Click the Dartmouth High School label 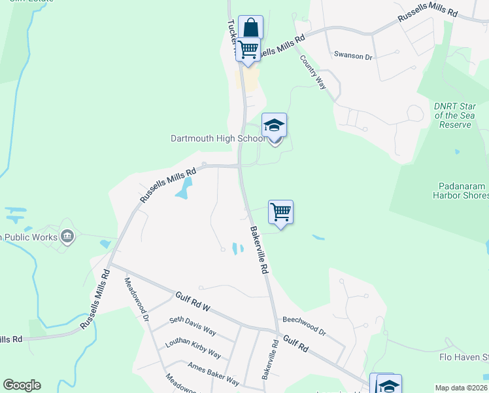pyautogui.click(x=218, y=138)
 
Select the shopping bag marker pyautogui.click(x=250, y=28)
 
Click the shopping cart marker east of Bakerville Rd pyautogui.click(x=280, y=212)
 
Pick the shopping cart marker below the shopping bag pyautogui.click(x=248, y=49)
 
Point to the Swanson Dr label pyautogui.click(x=352, y=56)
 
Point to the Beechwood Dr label pyautogui.click(x=304, y=325)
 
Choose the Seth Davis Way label pyautogui.click(x=192, y=326)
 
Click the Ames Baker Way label pyautogui.click(x=213, y=373)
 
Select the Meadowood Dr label pyautogui.click(x=137, y=300)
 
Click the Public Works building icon pyautogui.click(x=66, y=236)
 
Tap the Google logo pyautogui.click(x=22, y=385)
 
